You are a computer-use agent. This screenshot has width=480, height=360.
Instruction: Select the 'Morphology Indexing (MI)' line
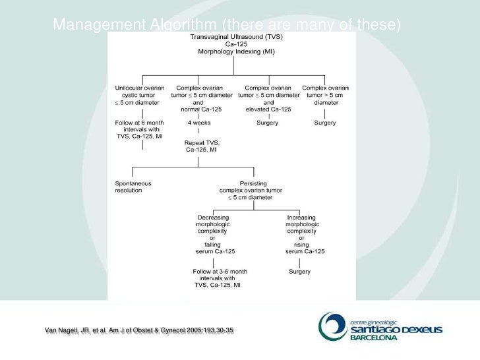(232, 51)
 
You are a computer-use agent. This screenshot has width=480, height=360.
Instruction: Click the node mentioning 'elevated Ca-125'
(268, 98)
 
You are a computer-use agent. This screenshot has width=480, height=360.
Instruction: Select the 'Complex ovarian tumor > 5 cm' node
(326, 95)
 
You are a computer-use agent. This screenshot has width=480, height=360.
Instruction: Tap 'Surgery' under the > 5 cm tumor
(326, 123)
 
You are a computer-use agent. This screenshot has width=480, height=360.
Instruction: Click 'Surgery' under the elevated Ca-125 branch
(268, 123)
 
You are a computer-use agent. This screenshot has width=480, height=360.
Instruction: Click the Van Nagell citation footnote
(138, 330)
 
